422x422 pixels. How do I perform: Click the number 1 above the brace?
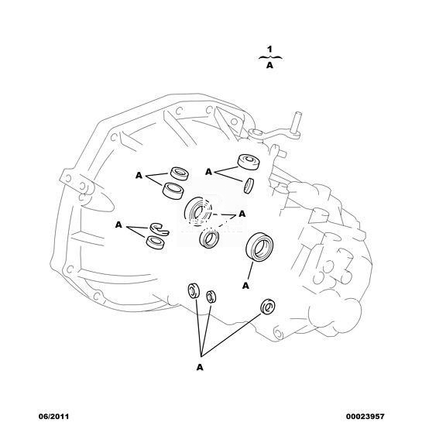pos(269,50)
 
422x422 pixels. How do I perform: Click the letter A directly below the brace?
pos(269,65)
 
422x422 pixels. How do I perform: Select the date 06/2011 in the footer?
pos(54,417)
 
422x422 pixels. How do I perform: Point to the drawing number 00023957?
pos(365,417)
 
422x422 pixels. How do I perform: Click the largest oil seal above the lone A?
pos(259,247)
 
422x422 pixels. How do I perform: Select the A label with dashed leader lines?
pos(242,214)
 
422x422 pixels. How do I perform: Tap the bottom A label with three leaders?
pos(200,367)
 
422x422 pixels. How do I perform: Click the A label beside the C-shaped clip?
pos(118,225)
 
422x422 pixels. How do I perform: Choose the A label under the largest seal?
pos(245,286)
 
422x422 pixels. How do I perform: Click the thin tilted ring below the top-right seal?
pos(249,185)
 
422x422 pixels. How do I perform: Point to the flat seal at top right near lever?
pos(249,162)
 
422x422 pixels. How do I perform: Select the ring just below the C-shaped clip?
pos(156,242)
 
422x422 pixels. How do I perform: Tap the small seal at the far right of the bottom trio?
pos(268,306)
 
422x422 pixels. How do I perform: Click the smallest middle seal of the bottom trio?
pos(211,297)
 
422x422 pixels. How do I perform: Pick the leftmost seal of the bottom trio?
pos(194,290)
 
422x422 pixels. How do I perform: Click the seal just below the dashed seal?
pos(209,238)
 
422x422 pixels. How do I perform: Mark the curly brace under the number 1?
pos(270,57)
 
